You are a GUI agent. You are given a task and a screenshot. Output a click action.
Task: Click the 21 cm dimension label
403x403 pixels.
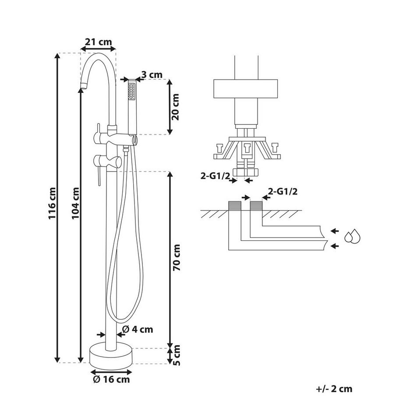pos(99,42)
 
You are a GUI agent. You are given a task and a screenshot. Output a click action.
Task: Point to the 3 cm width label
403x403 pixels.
pos(152,75)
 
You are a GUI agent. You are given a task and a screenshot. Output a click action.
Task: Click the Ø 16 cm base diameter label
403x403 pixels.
pos(111,379)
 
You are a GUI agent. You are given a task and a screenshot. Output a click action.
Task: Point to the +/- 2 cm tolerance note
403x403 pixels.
pos(334,389)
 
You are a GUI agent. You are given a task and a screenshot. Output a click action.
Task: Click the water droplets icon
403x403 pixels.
pos(353,237)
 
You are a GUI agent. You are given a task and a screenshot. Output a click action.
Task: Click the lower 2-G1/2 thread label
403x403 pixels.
pos(283,191)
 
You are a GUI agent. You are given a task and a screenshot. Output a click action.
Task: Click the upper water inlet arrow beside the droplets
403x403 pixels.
pos(335,231)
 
